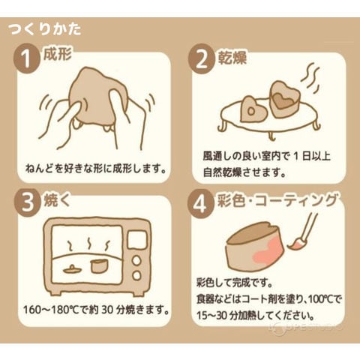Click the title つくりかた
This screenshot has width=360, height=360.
pos(45,29)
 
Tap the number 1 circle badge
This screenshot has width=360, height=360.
pos(26,59)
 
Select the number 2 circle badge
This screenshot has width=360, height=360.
pos(202,59)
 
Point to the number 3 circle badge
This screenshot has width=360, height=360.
pos(27,202)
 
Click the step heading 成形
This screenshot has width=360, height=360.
pos(58,54)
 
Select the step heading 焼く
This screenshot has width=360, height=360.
pos(56,200)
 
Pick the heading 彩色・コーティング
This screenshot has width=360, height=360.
pos(277,201)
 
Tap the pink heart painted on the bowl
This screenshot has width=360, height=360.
pos(266,248)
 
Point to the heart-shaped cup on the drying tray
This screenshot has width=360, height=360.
pos(284,99)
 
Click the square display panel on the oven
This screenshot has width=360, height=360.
pos(136,239)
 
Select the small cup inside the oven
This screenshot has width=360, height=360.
pos(98,266)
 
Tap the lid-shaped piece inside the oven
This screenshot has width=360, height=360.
pos(72,269)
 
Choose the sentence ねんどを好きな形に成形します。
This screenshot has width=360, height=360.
pos(96,169)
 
